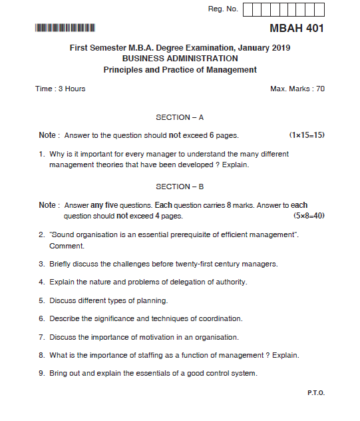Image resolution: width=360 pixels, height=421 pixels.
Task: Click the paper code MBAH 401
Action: (x=297, y=29)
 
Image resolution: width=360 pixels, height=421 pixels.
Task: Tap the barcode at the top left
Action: (x=65, y=28)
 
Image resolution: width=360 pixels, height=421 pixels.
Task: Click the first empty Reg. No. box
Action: (x=248, y=9)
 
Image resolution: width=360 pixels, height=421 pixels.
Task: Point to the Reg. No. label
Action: (x=223, y=9)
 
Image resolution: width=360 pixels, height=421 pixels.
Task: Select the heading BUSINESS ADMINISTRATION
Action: (x=180, y=59)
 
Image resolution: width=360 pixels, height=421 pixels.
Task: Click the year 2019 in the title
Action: (x=281, y=48)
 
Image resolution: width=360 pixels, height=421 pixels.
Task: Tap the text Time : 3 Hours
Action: (x=61, y=89)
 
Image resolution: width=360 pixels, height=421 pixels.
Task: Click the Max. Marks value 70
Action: (x=320, y=89)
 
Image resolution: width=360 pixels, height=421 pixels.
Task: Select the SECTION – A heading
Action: (x=180, y=117)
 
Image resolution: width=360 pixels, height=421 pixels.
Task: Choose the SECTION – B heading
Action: (x=180, y=187)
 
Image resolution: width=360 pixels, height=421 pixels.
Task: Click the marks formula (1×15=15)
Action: (x=307, y=135)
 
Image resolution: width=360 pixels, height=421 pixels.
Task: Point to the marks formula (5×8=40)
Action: (x=309, y=216)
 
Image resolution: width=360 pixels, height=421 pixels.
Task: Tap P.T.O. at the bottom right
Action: (x=316, y=393)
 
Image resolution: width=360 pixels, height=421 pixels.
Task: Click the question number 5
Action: (x=41, y=300)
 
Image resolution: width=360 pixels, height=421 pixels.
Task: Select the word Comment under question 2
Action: (x=67, y=246)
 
